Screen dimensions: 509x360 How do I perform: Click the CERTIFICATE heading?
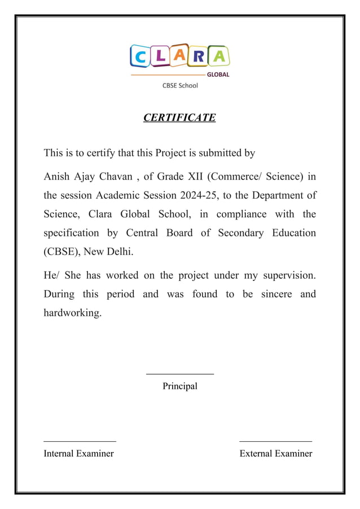coord(179,117)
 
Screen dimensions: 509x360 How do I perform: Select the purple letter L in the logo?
coord(161,55)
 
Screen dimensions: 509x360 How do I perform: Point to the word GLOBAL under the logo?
coord(218,74)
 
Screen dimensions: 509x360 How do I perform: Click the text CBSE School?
coord(180,86)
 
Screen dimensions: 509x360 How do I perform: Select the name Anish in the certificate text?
coord(56,177)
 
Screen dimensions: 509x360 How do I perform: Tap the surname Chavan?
coord(116,177)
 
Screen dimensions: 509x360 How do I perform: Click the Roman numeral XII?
coord(195,177)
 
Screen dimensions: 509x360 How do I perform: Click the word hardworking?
coord(73,313)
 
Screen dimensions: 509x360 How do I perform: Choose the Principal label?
coord(180,387)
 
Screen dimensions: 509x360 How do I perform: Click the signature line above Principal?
coord(180,374)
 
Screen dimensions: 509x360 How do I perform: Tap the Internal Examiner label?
coord(79,454)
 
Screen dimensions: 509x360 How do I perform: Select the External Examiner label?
coord(275,454)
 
